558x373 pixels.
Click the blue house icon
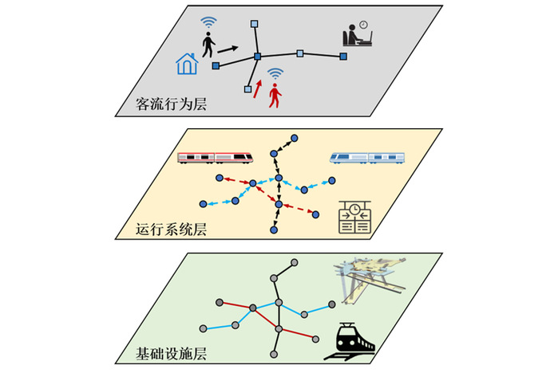tap(187, 64)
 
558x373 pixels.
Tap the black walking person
tap(208, 45)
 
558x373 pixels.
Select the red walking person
tap(275, 95)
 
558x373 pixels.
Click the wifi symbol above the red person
tap(275, 74)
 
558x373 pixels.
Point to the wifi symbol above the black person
tap(208, 22)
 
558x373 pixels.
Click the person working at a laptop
tap(358, 36)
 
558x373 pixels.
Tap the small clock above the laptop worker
tap(363, 25)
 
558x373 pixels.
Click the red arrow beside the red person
tap(257, 88)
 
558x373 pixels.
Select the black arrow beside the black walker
tap(228, 49)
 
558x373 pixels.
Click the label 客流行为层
tap(171, 104)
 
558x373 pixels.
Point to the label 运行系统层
tap(171, 229)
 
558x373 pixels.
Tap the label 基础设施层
tap(171, 354)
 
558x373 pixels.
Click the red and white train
tap(216, 158)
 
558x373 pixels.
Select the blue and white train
tap(367, 158)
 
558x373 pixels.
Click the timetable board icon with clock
tap(354, 217)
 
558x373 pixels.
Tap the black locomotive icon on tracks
tap(350, 341)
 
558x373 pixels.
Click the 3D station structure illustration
tap(370, 280)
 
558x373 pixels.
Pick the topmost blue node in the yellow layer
tap(295, 138)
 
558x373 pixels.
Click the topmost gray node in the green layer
tap(295, 262)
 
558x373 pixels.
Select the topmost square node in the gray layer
tap(254, 24)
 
